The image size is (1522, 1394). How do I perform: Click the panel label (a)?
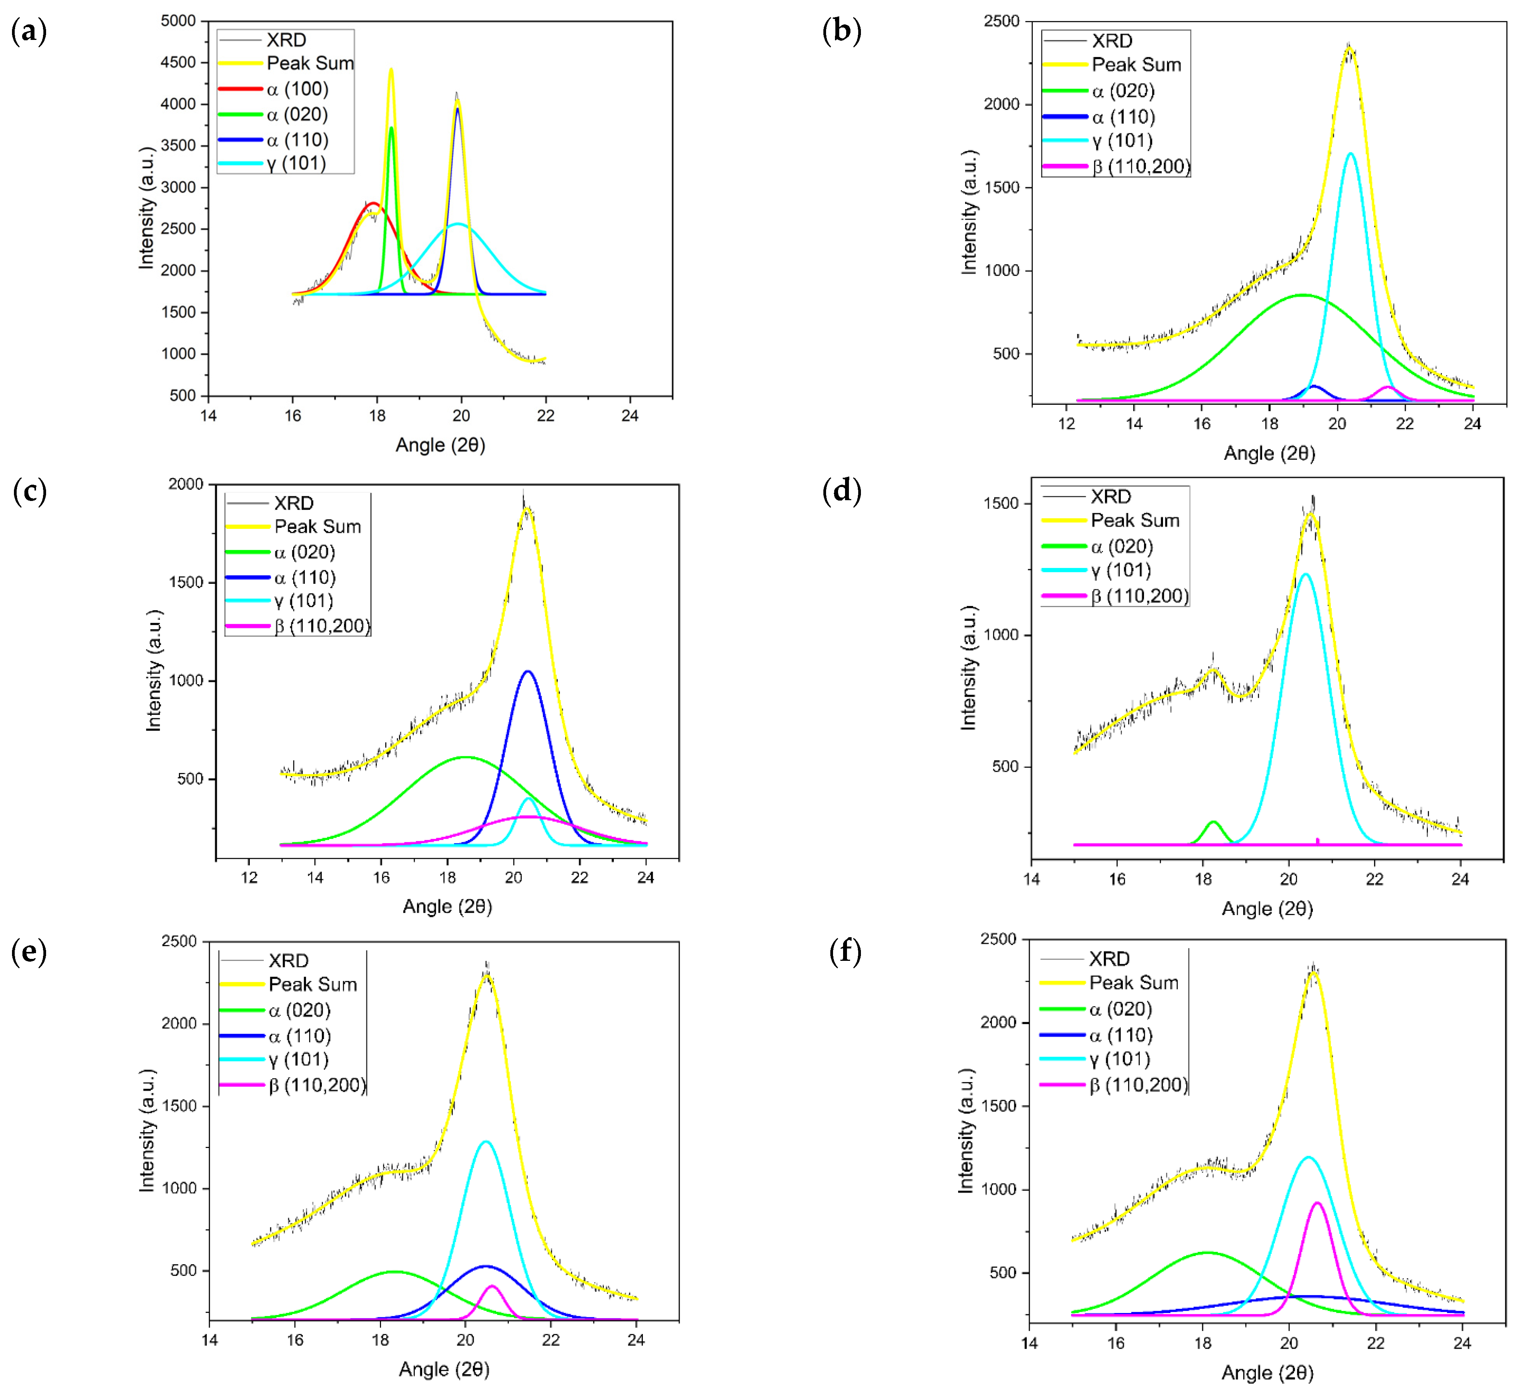click(29, 32)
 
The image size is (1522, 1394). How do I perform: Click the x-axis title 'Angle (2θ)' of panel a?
click(440, 445)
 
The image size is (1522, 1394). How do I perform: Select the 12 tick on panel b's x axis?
click(1066, 423)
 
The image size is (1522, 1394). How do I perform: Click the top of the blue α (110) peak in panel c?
click(528, 671)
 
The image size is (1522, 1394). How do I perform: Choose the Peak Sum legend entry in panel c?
click(317, 527)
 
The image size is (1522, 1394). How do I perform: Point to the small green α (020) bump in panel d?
click(1213, 823)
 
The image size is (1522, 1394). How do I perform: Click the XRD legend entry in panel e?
click(289, 960)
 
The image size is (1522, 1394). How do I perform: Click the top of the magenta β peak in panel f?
click(1318, 1203)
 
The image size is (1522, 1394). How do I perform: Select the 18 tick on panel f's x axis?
click(1202, 1342)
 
